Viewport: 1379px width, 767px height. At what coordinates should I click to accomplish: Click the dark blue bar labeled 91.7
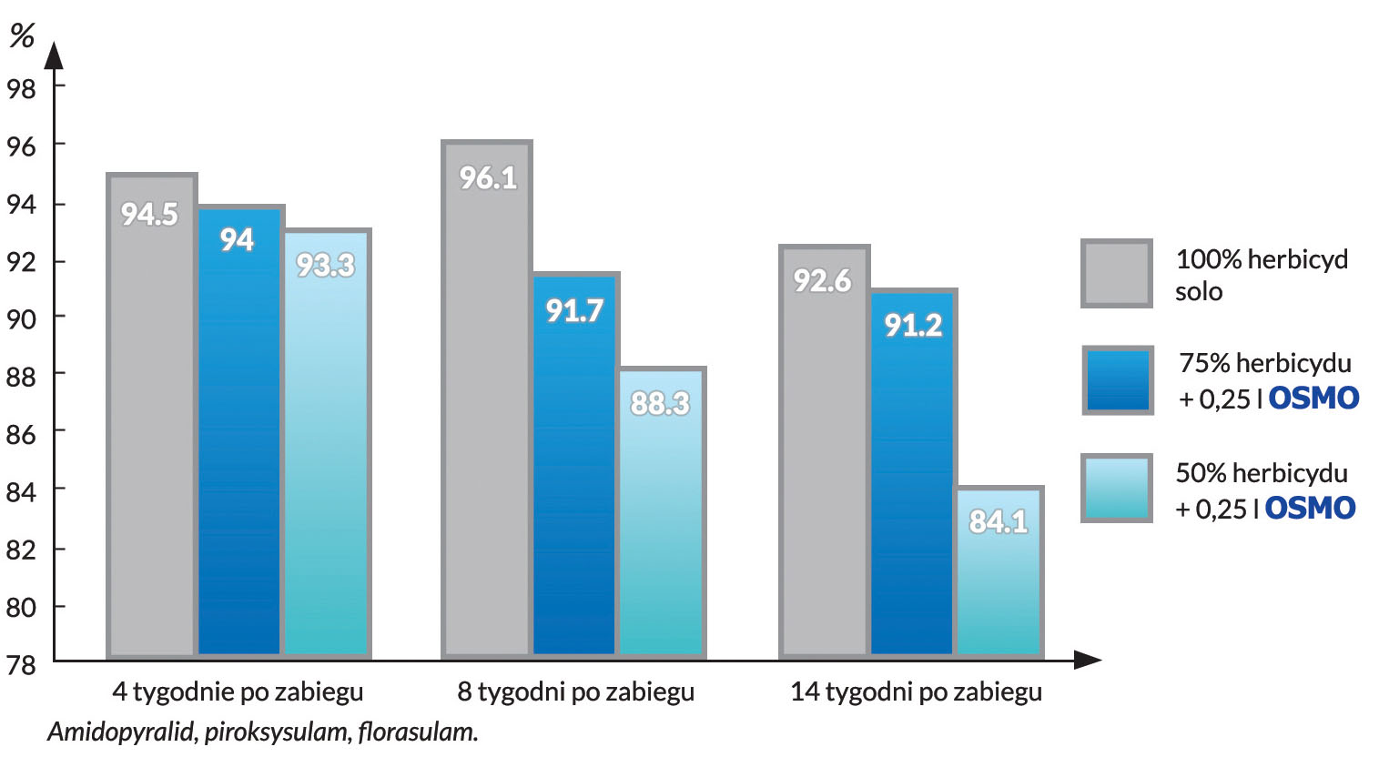click(574, 464)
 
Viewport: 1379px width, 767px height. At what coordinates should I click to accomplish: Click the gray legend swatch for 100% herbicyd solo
click(1116, 274)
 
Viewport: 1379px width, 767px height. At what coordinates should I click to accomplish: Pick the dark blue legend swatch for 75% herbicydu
click(1117, 380)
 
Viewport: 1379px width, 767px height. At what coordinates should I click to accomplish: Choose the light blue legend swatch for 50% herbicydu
click(1116, 489)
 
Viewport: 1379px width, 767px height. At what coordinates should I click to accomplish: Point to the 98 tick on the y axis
click(21, 88)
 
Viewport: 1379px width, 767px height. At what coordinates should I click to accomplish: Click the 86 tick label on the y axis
click(21, 434)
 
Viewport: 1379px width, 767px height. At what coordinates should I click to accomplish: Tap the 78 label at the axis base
click(21, 665)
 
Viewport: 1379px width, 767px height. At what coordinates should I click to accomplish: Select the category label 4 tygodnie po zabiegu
click(238, 692)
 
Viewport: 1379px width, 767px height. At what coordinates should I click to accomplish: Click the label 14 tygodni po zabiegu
click(916, 692)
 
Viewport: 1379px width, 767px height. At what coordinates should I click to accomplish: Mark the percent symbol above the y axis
click(21, 35)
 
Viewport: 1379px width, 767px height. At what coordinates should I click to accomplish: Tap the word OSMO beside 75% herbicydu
click(1313, 399)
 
